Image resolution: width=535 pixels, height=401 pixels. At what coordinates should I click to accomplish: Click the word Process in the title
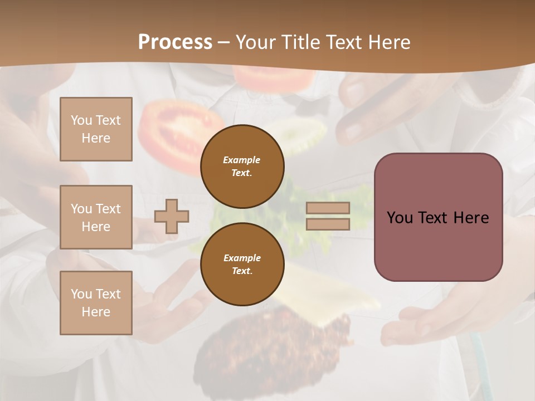pyautogui.click(x=175, y=42)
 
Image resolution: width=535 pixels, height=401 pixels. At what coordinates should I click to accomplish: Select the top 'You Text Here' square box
pyautogui.click(x=96, y=129)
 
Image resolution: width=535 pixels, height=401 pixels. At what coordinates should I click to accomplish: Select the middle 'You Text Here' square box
pyautogui.click(x=96, y=217)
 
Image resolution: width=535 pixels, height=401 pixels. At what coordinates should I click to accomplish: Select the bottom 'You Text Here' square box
pyautogui.click(x=96, y=303)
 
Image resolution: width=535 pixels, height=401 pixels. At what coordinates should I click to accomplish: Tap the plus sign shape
pyautogui.click(x=172, y=216)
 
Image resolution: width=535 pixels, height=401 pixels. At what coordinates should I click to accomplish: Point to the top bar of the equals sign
pyautogui.click(x=328, y=208)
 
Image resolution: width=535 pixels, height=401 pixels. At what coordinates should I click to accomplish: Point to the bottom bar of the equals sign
pyautogui.click(x=328, y=224)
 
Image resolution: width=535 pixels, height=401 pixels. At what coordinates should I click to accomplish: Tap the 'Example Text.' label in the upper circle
pyautogui.click(x=242, y=166)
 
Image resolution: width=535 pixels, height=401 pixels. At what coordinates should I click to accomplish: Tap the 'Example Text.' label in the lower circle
pyautogui.click(x=242, y=264)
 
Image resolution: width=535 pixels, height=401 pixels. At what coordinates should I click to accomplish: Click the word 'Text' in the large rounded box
pyautogui.click(x=435, y=217)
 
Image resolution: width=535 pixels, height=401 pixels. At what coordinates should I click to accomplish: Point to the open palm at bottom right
pyautogui.click(x=435, y=323)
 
